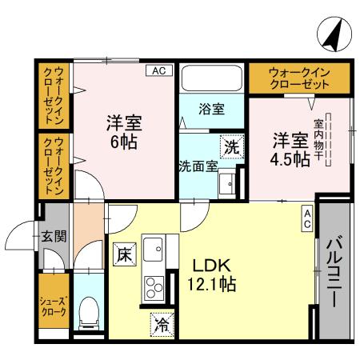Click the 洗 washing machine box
[230, 147]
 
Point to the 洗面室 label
[197, 166]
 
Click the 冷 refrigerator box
[162, 325]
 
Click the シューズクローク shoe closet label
[54, 308]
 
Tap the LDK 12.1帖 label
[210, 274]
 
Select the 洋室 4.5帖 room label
[290, 148]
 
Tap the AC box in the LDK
[308, 218]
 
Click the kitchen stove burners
[152, 284]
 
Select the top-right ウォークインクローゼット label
[299, 78]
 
